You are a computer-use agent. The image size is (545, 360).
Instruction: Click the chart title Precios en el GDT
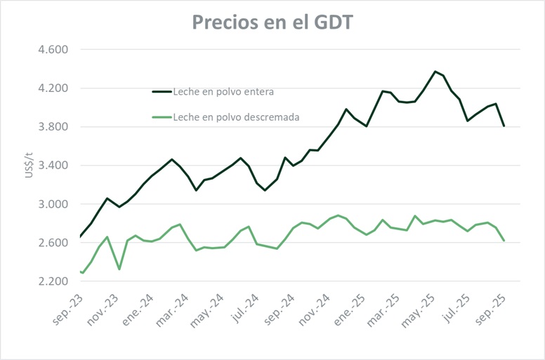pos(272,22)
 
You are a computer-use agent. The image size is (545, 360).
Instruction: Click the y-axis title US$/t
pos(29,166)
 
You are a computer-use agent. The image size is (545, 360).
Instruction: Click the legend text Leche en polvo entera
pos(223,91)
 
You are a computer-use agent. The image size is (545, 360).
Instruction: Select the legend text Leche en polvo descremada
pos(236,117)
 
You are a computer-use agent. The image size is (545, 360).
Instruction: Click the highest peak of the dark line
pos(435,72)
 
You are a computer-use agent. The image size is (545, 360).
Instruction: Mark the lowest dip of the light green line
pos(83,273)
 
